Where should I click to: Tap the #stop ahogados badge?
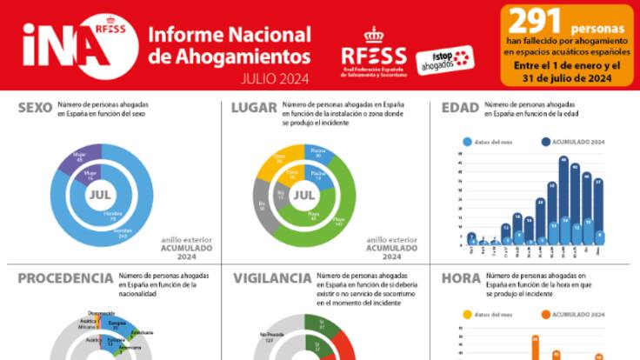tap(444, 59)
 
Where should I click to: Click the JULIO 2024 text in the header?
tap(276, 77)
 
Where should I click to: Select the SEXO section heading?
tap(35, 108)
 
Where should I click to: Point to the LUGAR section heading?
tap(253, 108)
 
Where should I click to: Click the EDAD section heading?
tap(460, 108)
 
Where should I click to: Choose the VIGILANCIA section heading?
tap(272, 278)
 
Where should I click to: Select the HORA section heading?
tap(461, 278)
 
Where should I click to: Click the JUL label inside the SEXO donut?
tap(100, 195)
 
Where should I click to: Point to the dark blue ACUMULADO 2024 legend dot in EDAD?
tap(545, 141)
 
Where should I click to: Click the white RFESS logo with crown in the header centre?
tap(374, 52)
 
